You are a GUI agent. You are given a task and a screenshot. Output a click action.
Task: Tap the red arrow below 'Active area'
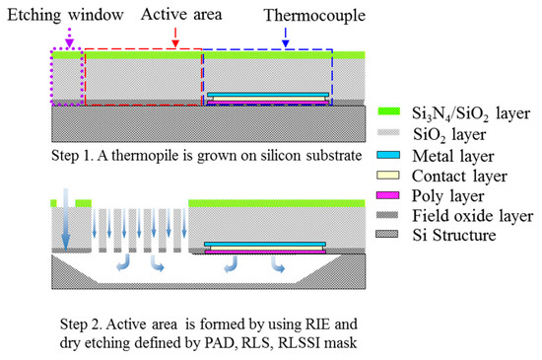174,36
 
